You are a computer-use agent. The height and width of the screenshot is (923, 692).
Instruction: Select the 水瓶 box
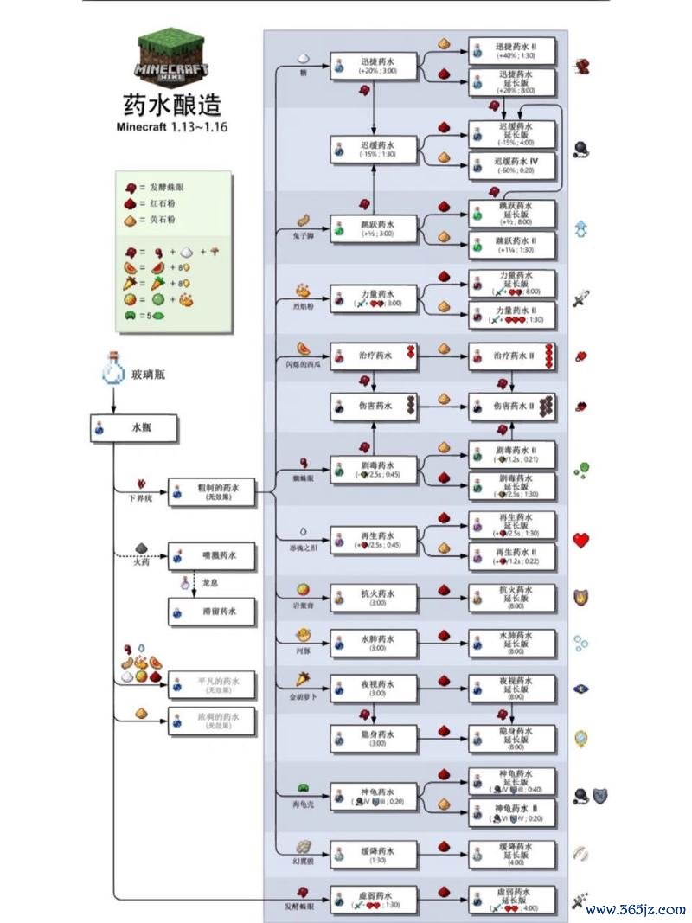(134, 427)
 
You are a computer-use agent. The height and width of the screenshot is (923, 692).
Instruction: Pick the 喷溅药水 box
(211, 556)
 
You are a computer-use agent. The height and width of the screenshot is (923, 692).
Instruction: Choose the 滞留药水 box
(211, 612)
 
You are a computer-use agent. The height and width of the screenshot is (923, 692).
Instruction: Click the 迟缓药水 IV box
(513, 165)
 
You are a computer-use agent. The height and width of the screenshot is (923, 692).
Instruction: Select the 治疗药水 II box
(513, 356)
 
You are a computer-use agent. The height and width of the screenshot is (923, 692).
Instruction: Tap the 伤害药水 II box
(513, 405)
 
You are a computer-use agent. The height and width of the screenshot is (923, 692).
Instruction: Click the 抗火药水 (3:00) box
(373, 598)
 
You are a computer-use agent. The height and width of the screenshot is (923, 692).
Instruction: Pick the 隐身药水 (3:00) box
(373, 738)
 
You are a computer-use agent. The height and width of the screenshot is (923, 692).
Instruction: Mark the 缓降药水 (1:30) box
(373, 855)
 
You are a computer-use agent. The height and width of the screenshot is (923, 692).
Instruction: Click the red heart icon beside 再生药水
(580, 541)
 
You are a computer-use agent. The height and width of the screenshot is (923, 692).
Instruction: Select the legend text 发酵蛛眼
(168, 187)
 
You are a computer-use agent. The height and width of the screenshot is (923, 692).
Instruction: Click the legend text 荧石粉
(162, 220)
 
